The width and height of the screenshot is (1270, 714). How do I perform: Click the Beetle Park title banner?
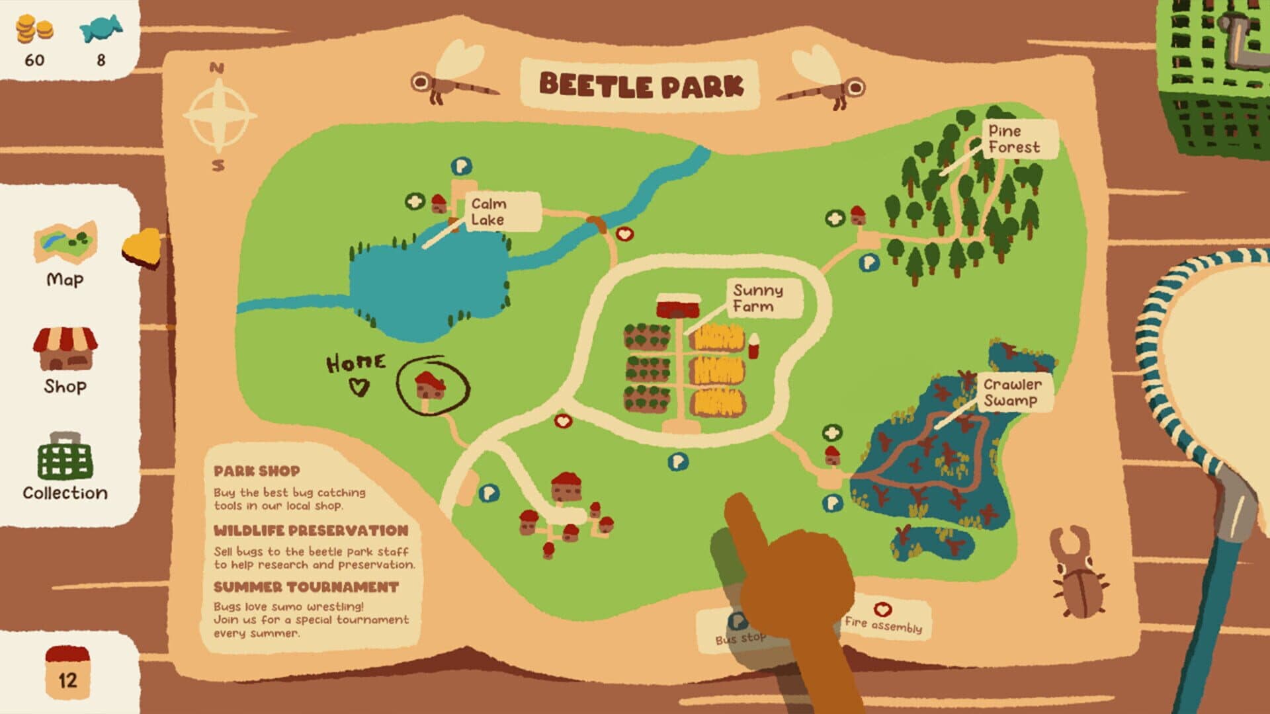(640, 85)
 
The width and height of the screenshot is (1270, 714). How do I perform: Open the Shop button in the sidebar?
(65, 360)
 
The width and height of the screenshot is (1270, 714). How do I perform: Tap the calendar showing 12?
(67, 672)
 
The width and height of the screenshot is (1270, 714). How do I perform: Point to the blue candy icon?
(101, 28)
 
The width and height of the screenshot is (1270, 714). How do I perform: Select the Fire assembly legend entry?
(883, 619)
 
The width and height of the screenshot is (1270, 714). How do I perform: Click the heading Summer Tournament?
(306, 587)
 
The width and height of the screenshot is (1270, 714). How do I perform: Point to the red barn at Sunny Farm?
(678, 306)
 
